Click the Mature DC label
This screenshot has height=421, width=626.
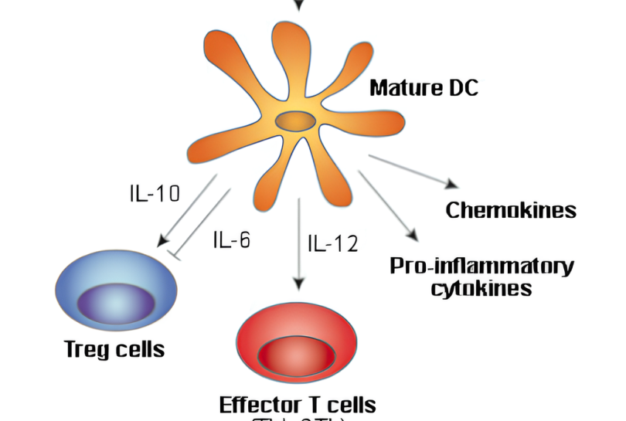(424, 87)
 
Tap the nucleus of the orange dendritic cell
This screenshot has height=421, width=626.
(296, 121)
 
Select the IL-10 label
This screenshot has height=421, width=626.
(154, 192)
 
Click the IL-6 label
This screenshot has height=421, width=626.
(231, 239)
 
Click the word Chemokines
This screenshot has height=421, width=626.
(511, 210)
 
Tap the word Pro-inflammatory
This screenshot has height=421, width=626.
(481, 267)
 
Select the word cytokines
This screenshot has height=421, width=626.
(481, 289)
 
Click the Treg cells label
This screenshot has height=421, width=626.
(114, 349)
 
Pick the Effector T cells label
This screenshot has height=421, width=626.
(298, 404)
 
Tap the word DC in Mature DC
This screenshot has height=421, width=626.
(461, 87)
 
